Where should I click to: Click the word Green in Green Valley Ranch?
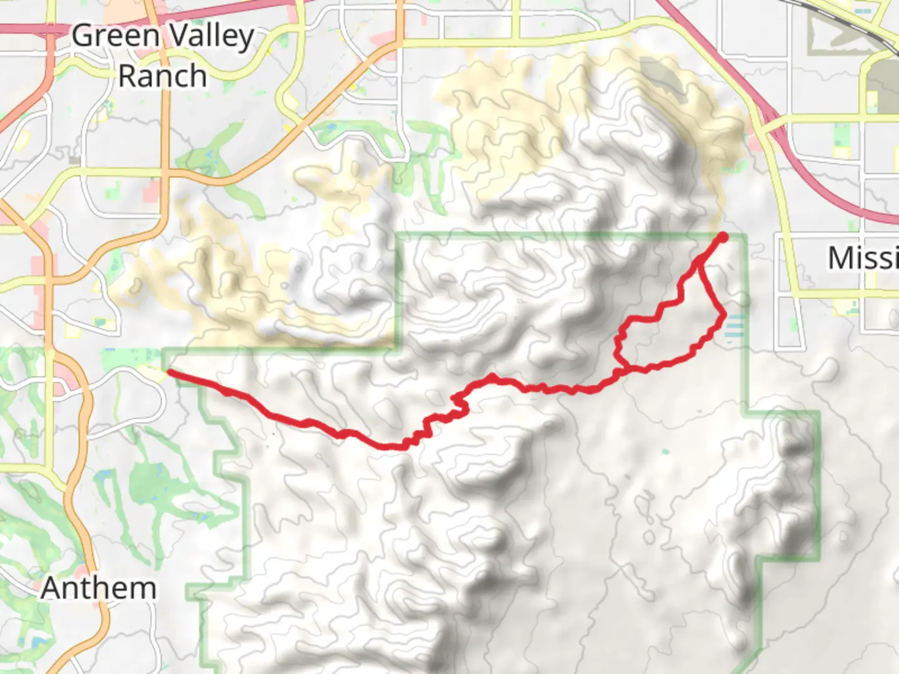click(x=115, y=36)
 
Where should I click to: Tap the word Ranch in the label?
click(x=162, y=76)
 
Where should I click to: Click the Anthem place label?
click(x=99, y=588)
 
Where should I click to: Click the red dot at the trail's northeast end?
click(x=722, y=237)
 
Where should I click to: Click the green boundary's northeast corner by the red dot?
click(x=744, y=236)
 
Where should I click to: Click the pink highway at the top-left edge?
click(x=25, y=29)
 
